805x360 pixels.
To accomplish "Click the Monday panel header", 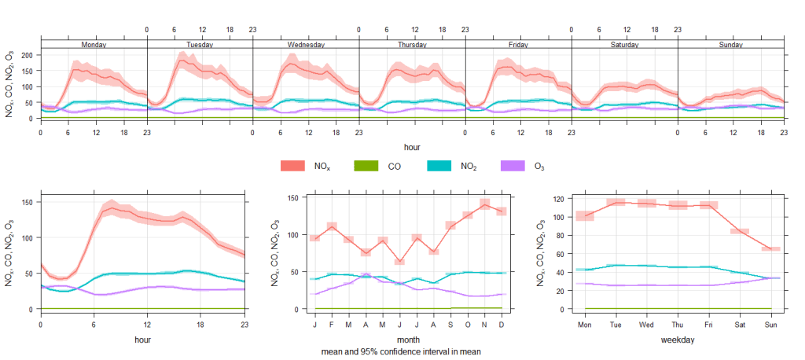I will [x=94, y=45].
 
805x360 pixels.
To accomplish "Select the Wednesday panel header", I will [x=306, y=45].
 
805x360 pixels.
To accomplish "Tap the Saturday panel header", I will [x=624, y=45].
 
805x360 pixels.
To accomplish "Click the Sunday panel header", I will [x=730, y=45].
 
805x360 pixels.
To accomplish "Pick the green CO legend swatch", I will [x=366, y=166].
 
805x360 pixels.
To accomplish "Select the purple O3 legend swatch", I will [x=513, y=166].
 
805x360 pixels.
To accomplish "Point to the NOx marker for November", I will [x=485, y=204].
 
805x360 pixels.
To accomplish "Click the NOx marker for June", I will [x=399, y=262].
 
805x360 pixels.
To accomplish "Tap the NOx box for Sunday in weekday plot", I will [x=770, y=248].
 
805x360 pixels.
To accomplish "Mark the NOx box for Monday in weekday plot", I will [x=585, y=215].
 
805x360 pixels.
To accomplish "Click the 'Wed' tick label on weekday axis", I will [x=647, y=323].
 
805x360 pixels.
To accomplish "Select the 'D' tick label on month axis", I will [x=502, y=323].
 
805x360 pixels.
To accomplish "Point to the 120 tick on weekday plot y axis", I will [x=562, y=199].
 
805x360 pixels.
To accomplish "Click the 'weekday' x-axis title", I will [x=678, y=340].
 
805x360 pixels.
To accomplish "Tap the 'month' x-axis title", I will [x=408, y=340].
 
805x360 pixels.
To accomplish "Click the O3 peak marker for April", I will [x=365, y=275].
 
